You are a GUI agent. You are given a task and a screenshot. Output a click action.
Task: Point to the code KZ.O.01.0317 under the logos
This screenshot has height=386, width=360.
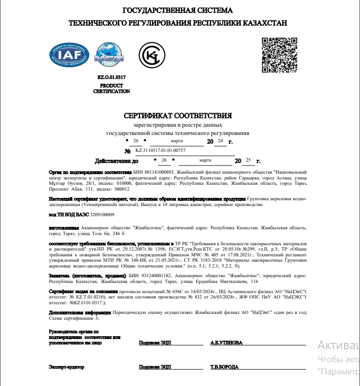tap(112, 77)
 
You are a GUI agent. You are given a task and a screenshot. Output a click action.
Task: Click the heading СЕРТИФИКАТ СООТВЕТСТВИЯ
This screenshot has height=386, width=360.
tap(178, 116)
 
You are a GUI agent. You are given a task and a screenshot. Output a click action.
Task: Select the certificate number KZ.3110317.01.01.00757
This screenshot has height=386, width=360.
tap(160, 150)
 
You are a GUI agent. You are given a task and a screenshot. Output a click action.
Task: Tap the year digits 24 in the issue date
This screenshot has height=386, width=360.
tap(220, 141)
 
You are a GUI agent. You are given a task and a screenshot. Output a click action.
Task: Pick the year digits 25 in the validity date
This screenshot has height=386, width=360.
tap(248, 160)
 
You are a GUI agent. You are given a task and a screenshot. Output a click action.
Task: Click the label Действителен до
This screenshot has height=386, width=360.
tap(117, 161)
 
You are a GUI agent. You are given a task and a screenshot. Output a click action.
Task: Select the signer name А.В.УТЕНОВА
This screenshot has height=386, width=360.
tap(226, 342)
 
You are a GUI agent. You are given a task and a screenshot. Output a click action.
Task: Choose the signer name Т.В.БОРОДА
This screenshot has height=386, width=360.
tap(224, 367)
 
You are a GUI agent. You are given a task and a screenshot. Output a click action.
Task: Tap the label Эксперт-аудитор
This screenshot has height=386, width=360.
tap(66, 367)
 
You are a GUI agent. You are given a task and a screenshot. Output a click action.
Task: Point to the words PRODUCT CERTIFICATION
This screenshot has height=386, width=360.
tap(112, 89)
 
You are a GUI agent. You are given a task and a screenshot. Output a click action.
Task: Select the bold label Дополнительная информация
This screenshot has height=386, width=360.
tap(80, 312)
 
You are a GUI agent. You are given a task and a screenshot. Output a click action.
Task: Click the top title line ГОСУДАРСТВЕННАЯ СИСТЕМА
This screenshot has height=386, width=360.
tap(178, 10)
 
